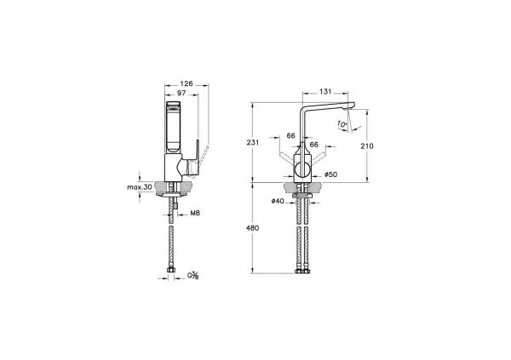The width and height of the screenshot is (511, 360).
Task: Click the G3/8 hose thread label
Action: (x=196, y=276)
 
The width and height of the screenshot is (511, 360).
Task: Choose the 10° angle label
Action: (x=343, y=124)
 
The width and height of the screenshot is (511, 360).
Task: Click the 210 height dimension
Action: (x=367, y=146)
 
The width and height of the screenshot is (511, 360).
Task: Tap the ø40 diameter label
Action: (x=278, y=202)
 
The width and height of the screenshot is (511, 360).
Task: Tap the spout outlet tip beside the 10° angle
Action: (x=347, y=107)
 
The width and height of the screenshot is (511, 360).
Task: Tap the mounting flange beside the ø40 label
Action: (x=303, y=197)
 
